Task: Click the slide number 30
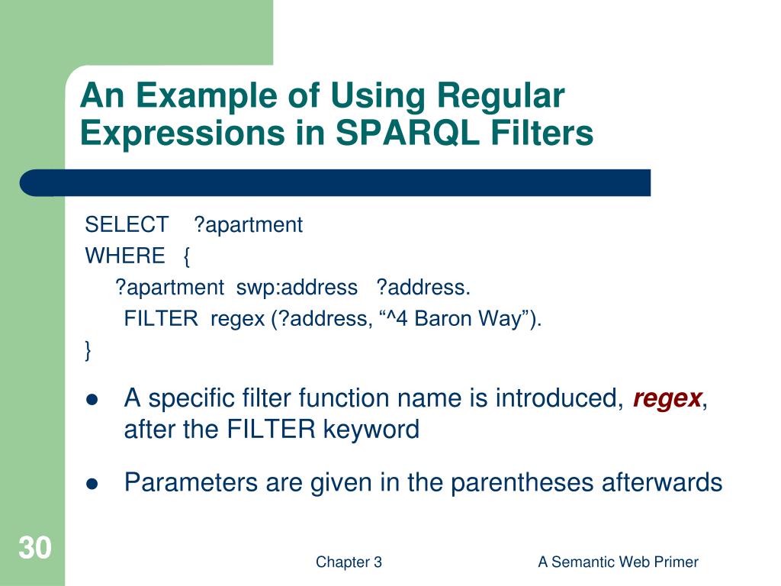(x=34, y=548)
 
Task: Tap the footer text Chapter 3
(x=349, y=562)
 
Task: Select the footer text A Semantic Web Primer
(x=618, y=562)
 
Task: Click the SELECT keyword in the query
(x=127, y=225)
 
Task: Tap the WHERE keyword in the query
(x=125, y=256)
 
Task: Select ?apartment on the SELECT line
(x=248, y=225)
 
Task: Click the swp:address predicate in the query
(x=297, y=288)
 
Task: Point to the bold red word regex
(x=667, y=398)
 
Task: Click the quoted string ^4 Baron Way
(x=455, y=319)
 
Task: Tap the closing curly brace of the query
(x=88, y=350)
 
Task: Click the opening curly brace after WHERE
(x=187, y=256)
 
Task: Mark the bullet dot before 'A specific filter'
(x=93, y=399)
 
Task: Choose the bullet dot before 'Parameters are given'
(x=93, y=483)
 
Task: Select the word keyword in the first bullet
(x=371, y=430)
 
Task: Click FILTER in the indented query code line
(x=161, y=319)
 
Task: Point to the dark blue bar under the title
(x=336, y=183)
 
